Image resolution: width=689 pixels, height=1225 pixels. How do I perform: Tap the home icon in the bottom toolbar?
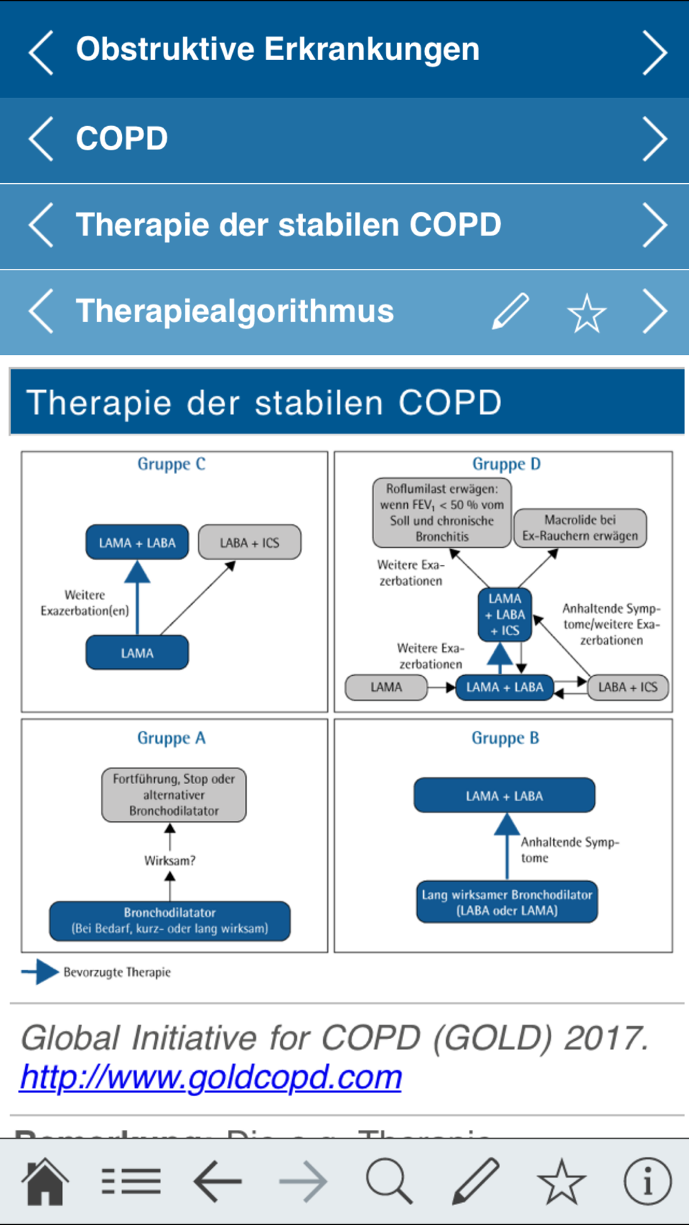pos(45,1181)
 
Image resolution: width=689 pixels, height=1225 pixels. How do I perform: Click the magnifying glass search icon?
pos(389,1181)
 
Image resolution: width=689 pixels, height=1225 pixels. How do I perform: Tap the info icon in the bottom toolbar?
pos(647,1181)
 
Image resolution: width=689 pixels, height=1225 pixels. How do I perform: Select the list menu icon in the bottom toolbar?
pos(131,1181)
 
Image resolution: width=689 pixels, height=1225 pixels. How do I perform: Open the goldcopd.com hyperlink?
pos(211,1076)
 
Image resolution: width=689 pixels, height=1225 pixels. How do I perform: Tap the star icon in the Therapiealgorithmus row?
pos(586,313)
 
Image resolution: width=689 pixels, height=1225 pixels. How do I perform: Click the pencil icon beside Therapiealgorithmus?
pos(511,311)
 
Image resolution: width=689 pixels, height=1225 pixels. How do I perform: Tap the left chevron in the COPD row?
pos(41,138)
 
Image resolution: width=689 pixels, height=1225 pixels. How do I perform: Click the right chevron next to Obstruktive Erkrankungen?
pos(654,52)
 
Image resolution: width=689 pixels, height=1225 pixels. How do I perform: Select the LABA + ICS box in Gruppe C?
pos(249,542)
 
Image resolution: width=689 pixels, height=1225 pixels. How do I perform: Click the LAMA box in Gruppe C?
pos(137,652)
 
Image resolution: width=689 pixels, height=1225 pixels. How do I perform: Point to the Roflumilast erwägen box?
pos(442,513)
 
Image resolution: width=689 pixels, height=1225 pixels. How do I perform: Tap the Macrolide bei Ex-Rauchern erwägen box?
pos(580,528)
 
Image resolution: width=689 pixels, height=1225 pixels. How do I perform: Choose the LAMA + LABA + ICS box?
pos(505,615)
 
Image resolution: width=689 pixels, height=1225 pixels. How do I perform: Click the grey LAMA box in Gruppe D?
pos(386,687)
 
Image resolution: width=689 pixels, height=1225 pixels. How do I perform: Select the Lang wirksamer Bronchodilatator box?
pos(507,902)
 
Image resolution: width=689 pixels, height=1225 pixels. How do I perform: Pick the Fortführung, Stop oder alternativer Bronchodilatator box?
pos(174,794)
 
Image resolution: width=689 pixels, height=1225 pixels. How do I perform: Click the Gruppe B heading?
pos(505,738)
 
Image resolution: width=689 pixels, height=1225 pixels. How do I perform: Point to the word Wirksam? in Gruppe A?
pos(169,861)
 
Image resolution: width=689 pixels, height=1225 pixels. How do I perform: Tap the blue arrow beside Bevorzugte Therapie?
pos(40,972)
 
